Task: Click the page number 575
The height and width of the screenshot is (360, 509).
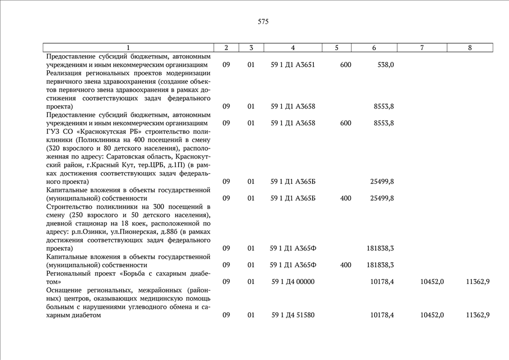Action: (x=263, y=22)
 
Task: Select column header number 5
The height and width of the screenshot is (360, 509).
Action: (x=336, y=48)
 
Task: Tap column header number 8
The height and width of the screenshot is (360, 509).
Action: (x=470, y=48)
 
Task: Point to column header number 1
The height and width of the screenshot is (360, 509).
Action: (x=128, y=48)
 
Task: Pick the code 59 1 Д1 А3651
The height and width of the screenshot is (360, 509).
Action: (x=292, y=65)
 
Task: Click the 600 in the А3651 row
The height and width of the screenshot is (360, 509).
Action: (x=345, y=65)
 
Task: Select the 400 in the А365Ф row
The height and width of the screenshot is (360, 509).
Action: (x=345, y=264)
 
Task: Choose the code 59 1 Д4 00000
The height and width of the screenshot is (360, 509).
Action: (x=292, y=281)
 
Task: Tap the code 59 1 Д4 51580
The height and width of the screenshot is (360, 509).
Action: (x=292, y=315)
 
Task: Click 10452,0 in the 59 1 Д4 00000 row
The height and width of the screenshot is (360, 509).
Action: (x=432, y=281)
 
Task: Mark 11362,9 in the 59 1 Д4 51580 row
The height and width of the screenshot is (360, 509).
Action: (x=478, y=315)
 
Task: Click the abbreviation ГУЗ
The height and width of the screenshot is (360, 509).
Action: (x=53, y=131)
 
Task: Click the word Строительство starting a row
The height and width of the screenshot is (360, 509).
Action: (x=68, y=206)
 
